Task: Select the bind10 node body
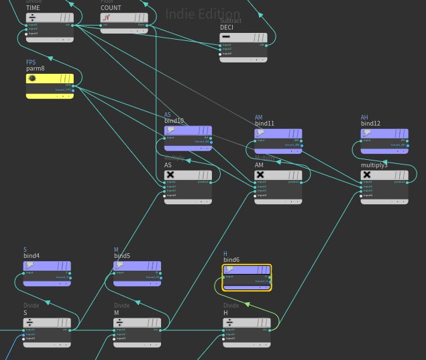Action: [x=188, y=138]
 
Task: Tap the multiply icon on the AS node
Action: [x=170, y=175]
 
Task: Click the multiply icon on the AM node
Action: [x=260, y=175]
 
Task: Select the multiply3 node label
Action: [x=374, y=165]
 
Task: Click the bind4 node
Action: [x=46, y=274]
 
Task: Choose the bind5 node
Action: [x=137, y=274]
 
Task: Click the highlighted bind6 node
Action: [x=247, y=277]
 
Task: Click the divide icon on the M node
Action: [x=120, y=322]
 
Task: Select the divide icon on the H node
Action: [x=229, y=322]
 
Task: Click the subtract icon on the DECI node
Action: [x=226, y=38]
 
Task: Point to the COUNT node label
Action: [x=111, y=8]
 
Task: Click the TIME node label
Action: [x=33, y=8]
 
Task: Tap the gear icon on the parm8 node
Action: [x=32, y=79]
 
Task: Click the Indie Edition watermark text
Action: [x=202, y=13]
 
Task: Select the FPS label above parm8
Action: [x=30, y=62]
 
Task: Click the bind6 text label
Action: [x=231, y=260]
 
